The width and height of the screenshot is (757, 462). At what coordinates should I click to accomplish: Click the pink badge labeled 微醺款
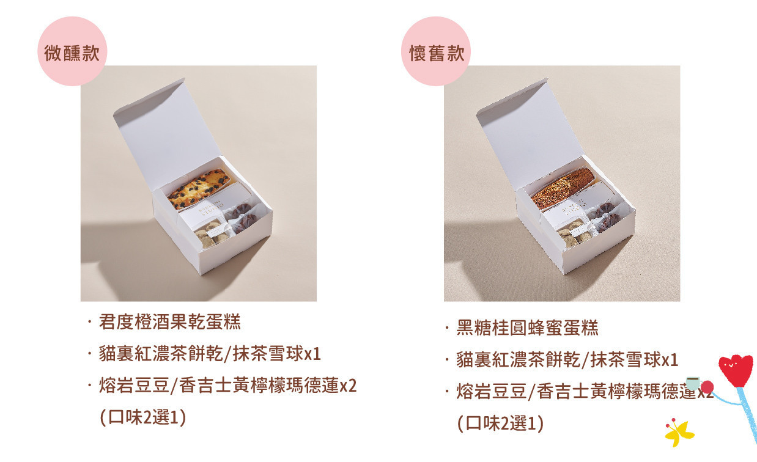pyautogui.click(x=72, y=51)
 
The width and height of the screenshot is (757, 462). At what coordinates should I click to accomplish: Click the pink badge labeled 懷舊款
pyautogui.click(x=436, y=51)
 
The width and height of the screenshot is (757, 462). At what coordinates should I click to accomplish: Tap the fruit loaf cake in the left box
pyautogui.click(x=198, y=189)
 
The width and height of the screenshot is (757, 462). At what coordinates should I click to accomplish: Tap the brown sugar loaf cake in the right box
pyautogui.click(x=563, y=188)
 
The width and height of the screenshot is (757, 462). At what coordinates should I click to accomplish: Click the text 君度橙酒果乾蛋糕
pyautogui.click(x=169, y=322)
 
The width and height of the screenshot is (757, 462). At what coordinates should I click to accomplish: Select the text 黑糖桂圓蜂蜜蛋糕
pyautogui.click(x=527, y=328)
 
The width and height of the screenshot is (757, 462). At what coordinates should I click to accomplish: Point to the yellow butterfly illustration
pyautogui.click(x=679, y=433)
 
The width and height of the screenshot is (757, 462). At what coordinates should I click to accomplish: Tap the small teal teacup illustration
pyautogui.click(x=693, y=383)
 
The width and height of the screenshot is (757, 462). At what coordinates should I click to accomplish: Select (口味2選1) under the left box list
pyautogui.click(x=142, y=417)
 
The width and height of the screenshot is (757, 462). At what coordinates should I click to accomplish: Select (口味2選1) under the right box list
pyautogui.click(x=500, y=424)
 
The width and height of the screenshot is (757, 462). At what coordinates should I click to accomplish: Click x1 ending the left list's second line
pyautogui.click(x=312, y=354)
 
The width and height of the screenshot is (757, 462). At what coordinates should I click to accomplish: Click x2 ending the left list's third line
pyautogui.click(x=348, y=386)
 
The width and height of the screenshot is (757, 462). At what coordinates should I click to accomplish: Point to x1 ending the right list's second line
pyautogui.click(x=670, y=360)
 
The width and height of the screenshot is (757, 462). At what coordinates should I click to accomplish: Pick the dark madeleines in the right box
pyautogui.click(x=604, y=217)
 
